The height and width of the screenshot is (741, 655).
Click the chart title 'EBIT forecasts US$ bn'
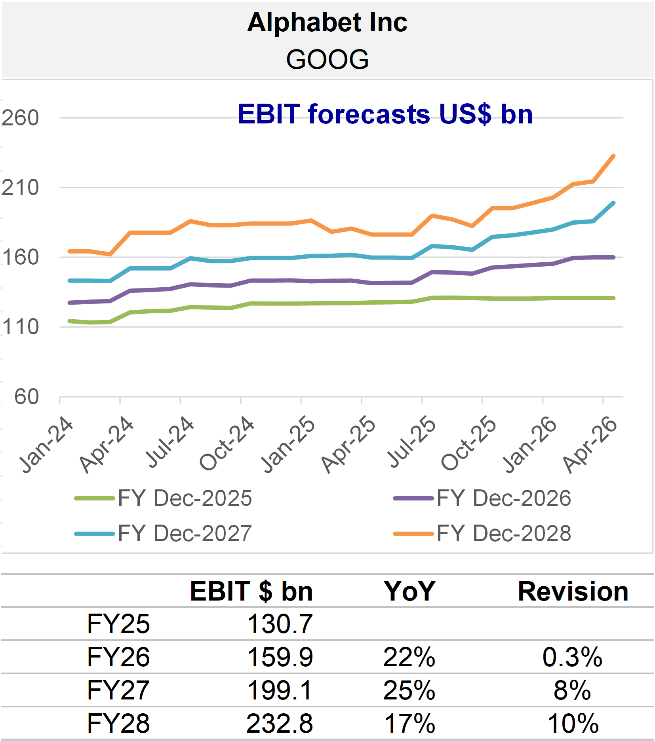[x=385, y=114]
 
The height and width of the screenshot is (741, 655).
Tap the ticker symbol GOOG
[x=327, y=59]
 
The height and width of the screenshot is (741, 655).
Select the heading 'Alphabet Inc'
[x=327, y=22]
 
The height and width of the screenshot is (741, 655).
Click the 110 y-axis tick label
[x=21, y=327]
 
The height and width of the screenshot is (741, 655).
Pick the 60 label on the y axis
[x=27, y=397]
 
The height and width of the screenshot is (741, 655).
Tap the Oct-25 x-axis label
[x=468, y=443]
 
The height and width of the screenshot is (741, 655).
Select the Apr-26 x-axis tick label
[x=590, y=444]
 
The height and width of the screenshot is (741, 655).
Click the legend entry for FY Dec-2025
[x=163, y=498]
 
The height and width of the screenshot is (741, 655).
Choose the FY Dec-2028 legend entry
[x=482, y=533]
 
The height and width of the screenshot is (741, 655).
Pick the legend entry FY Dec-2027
[x=163, y=533]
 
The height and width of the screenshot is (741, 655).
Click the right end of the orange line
[x=614, y=156]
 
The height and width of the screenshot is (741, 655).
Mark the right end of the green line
[x=614, y=298]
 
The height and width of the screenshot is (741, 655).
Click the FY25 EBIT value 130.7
[x=280, y=624]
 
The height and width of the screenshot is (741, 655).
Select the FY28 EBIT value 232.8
[x=280, y=724]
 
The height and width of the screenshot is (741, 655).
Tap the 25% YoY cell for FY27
[x=409, y=690]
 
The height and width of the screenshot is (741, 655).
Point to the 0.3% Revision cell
[x=573, y=657]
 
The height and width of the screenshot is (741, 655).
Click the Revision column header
[x=573, y=591]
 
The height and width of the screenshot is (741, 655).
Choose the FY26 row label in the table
[x=118, y=657]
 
